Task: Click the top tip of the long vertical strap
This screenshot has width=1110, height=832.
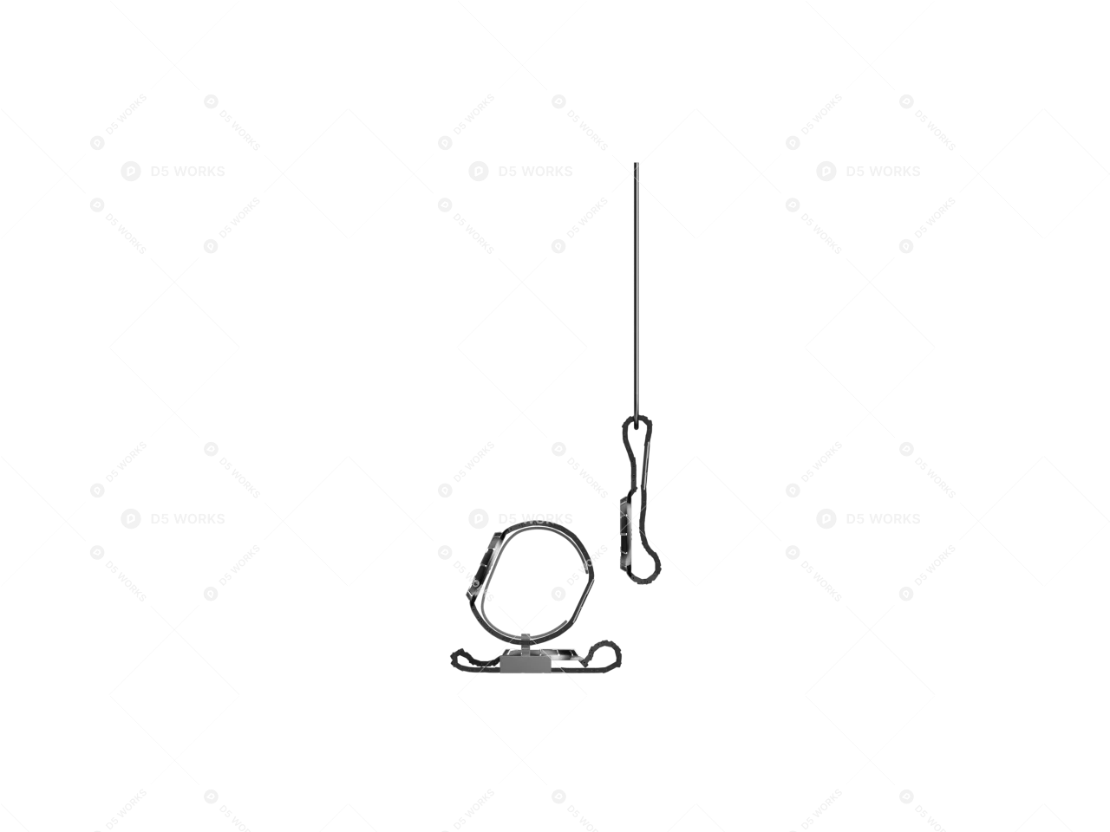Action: tap(636, 164)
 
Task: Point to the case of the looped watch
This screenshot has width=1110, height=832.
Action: tap(485, 563)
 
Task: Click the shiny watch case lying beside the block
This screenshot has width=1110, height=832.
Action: tap(565, 654)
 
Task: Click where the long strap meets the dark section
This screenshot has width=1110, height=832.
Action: tap(636, 421)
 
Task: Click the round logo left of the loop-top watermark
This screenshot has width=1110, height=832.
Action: tap(478, 518)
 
